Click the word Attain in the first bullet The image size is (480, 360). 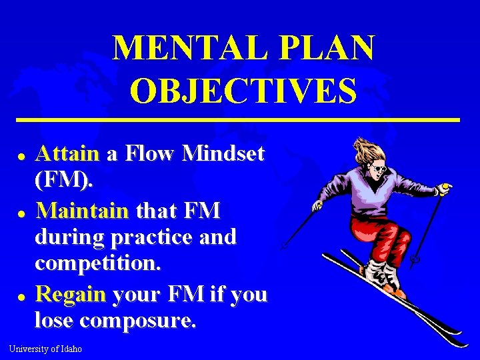pyautogui.click(x=67, y=154)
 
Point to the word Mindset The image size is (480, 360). pyautogui.click(x=223, y=154)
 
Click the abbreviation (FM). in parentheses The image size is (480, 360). pyautogui.click(x=65, y=181)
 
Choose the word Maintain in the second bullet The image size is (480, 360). pyautogui.click(x=82, y=211)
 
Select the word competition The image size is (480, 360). pyautogui.click(x=98, y=264)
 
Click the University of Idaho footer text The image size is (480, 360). pyautogui.click(x=45, y=349)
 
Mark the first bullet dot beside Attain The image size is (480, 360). pyautogui.click(x=21, y=155)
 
